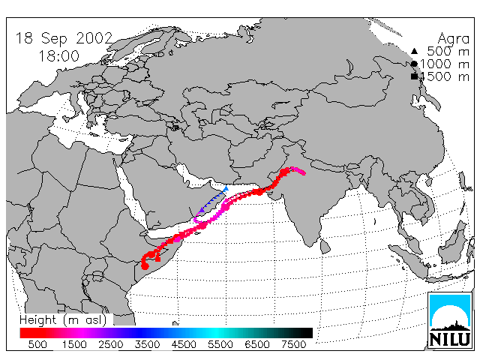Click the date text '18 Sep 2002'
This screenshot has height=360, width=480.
coord(64,38)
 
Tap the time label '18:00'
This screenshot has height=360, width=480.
coord(59,56)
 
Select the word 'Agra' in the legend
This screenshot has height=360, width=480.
coord(453,39)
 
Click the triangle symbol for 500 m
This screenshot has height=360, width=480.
coord(414,51)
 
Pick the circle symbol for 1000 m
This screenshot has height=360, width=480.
coord(414,64)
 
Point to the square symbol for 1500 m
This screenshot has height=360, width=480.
coord(414,76)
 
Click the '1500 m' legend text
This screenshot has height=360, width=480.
coord(445,76)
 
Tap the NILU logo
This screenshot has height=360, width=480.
coord(450,320)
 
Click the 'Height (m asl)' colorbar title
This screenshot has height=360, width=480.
coord(63,320)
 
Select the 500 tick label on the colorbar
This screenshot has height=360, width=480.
coord(37,344)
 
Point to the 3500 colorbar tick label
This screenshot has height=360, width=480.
coord(147,344)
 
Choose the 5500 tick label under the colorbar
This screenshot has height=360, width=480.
coord(220,344)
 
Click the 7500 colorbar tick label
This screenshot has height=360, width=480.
coord(293,344)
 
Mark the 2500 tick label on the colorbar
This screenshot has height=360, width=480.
coord(110,344)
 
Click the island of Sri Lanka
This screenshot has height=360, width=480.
coord(325,246)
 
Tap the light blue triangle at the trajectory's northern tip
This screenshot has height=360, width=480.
coord(226,188)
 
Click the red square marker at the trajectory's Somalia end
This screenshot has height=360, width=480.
coord(157,259)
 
